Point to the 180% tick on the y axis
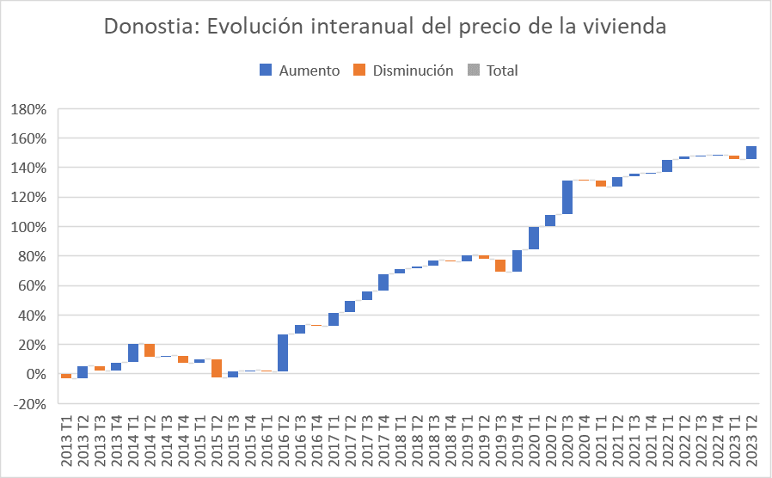(x=29, y=109)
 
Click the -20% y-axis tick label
(x=29, y=404)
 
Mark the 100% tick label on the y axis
(x=29, y=227)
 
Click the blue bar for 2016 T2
(x=283, y=352)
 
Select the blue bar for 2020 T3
(x=567, y=197)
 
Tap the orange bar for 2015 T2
(x=217, y=368)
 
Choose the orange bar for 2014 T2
(x=150, y=350)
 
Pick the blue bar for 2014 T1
(x=133, y=352)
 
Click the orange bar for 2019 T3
(x=500, y=266)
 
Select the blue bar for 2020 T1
(x=534, y=238)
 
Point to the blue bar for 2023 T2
(x=751, y=152)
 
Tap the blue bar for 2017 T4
(x=383, y=282)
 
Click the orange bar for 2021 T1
(x=601, y=183)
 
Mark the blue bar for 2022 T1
(x=667, y=165)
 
